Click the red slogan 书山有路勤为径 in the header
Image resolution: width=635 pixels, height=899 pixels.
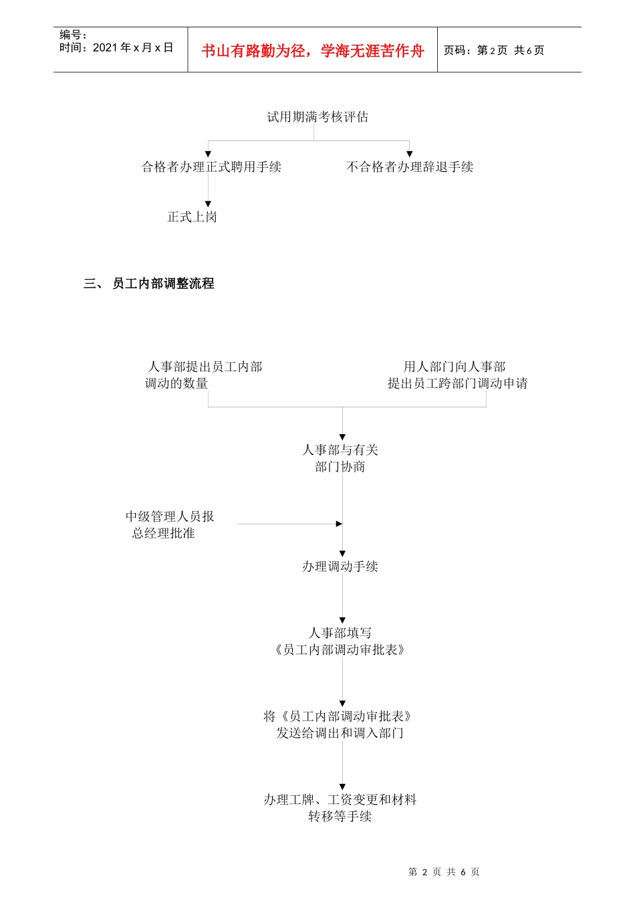click(x=312, y=51)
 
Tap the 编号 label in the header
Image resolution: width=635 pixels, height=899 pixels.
click(x=73, y=35)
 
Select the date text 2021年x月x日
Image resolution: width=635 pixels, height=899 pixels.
click(x=133, y=47)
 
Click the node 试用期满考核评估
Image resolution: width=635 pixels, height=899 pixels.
click(x=317, y=117)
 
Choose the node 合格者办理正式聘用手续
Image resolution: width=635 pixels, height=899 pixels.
click(x=211, y=167)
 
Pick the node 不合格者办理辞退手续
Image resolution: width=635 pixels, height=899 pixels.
click(x=410, y=167)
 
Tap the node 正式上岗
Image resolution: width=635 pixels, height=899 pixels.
click(x=192, y=217)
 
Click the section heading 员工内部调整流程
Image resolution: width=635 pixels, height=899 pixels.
click(x=163, y=284)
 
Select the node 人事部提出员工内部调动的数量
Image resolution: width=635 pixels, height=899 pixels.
click(x=204, y=375)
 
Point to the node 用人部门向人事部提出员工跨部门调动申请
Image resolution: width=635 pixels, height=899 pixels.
click(x=457, y=375)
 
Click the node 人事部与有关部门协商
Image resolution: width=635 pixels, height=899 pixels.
click(x=340, y=458)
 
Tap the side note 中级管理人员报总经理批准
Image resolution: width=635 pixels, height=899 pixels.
click(x=169, y=524)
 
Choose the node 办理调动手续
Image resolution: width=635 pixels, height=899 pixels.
click(x=340, y=567)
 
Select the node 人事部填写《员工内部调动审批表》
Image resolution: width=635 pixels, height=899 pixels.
click(x=340, y=641)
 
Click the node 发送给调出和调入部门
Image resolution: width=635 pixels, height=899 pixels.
click(x=340, y=724)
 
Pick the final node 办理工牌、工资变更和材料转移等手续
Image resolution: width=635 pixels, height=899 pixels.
click(x=340, y=807)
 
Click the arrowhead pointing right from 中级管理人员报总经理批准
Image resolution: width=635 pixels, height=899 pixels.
click(x=340, y=524)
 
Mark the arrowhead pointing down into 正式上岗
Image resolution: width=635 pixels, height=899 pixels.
click(x=208, y=203)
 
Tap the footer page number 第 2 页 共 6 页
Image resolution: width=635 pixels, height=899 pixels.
click(x=444, y=872)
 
